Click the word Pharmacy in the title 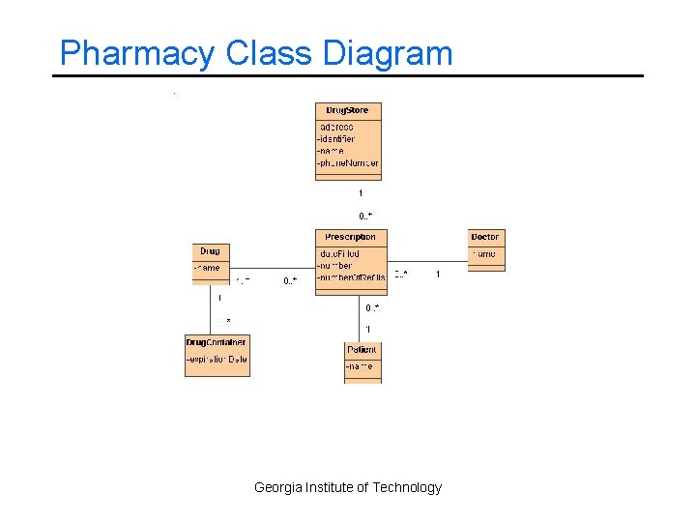pos(136,53)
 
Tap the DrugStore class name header pos(348,110)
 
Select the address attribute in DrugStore pos(336,127)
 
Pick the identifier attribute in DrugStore pos(336,138)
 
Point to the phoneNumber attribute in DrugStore pos(348,162)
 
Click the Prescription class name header pos(350,237)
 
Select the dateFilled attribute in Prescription pos(339,253)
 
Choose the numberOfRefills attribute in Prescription pos(351,276)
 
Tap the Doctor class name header pos(485,237)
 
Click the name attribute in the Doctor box pos(485,253)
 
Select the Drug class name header pos(210,251)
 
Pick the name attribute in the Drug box pos(208,268)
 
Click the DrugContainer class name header pos(217,341)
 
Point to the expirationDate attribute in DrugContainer pos(217,359)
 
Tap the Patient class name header pos(362,349)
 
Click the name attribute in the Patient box pos(360,366)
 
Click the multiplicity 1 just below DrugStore pos(361,193)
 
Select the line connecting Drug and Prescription pos(271,268)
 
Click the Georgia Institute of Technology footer pos(348,487)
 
